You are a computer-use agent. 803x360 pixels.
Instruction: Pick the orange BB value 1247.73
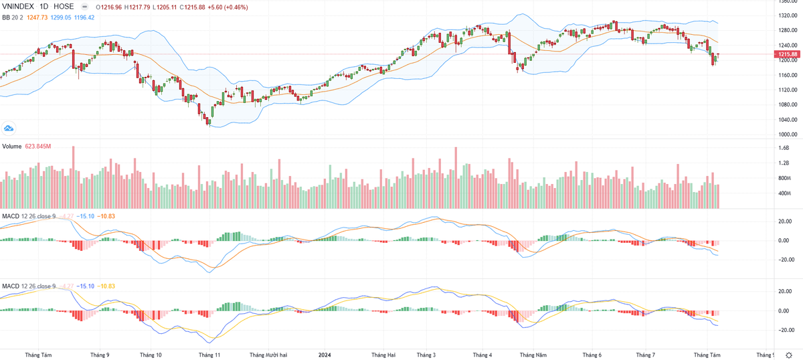click(x=39, y=17)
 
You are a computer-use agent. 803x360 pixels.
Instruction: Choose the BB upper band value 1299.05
click(x=62, y=17)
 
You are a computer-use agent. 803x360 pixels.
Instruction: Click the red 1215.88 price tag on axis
click(x=785, y=54)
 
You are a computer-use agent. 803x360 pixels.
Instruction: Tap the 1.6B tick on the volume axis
click(x=784, y=149)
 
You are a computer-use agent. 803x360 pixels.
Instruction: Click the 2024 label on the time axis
click(x=325, y=354)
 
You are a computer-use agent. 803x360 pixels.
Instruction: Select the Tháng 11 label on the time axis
click(x=209, y=354)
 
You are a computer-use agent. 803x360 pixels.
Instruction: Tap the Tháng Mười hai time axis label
click(x=268, y=354)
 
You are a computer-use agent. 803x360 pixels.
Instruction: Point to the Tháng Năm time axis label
click(x=533, y=354)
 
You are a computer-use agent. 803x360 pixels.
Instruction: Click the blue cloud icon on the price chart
click(x=9, y=128)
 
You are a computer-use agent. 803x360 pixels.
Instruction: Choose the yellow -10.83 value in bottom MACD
click(x=106, y=286)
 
